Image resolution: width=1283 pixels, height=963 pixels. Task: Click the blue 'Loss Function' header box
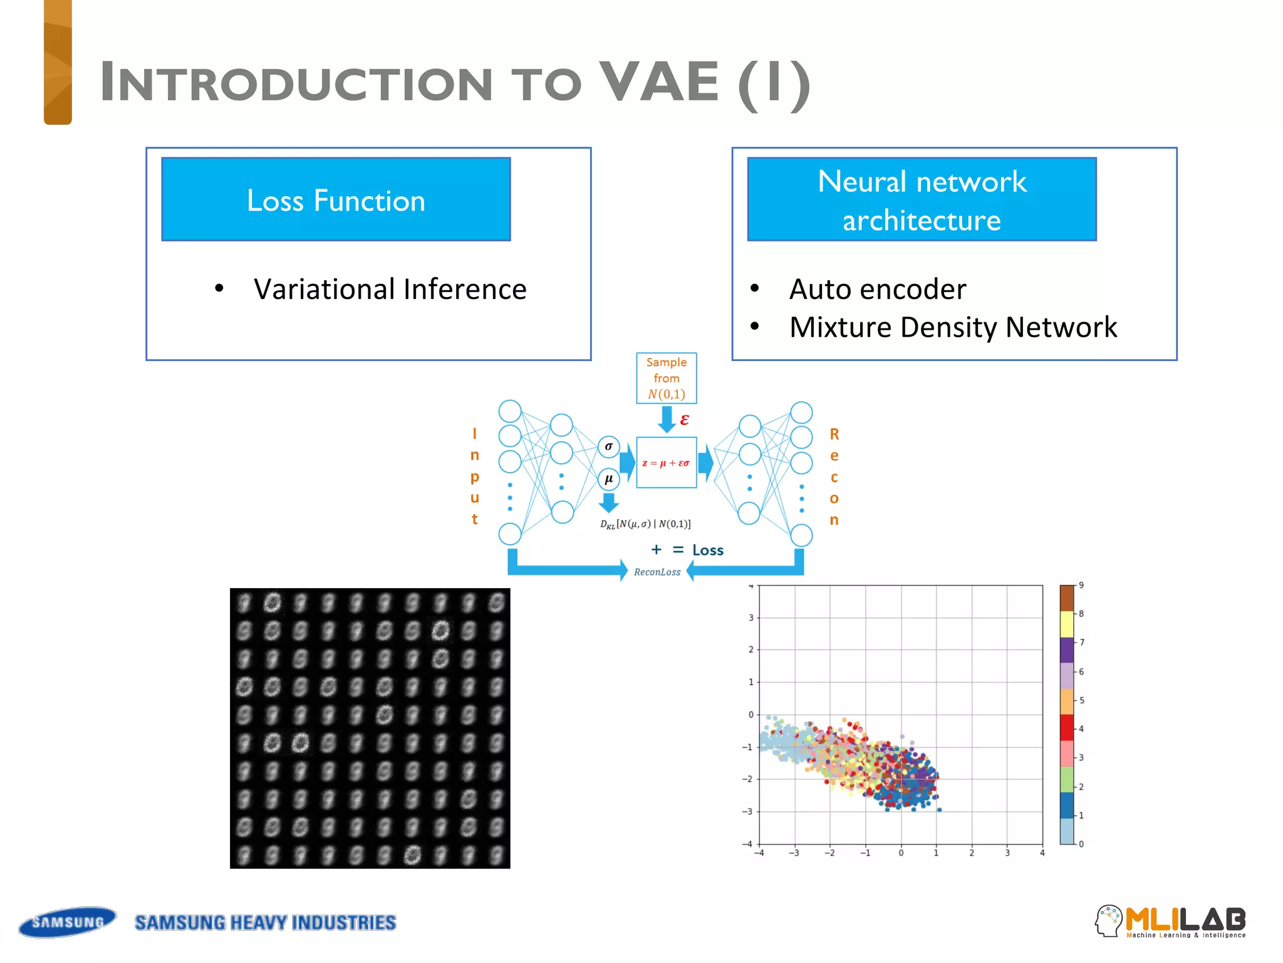(x=336, y=199)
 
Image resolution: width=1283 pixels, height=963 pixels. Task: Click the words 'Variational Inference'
(x=390, y=290)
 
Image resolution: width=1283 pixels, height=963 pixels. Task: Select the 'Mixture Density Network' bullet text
(x=953, y=327)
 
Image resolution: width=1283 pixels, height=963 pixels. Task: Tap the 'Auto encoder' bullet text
(x=877, y=290)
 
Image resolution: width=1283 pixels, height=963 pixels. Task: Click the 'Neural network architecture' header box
(x=922, y=199)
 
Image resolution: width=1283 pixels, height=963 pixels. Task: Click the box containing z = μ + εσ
(x=666, y=463)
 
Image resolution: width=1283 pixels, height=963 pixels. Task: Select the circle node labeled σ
(x=608, y=446)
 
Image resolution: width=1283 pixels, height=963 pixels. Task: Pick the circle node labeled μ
(x=608, y=479)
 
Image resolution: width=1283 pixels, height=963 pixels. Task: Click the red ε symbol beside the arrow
(x=684, y=419)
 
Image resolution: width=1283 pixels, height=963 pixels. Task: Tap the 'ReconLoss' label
(x=657, y=572)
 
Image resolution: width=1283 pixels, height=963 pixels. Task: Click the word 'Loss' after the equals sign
(x=707, y=550)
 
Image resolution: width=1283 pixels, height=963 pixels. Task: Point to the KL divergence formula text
(x=645, y=524)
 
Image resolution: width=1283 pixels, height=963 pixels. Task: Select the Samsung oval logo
(x=68, y=922)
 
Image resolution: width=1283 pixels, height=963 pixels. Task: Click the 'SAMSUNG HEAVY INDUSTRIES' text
(x=265, y=923)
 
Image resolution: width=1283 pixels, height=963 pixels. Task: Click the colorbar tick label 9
(x=1081, y=586)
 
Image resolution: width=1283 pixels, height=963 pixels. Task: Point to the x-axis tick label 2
(x=972, y=853)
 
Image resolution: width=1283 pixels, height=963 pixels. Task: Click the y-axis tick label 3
(x=751, y=618)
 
